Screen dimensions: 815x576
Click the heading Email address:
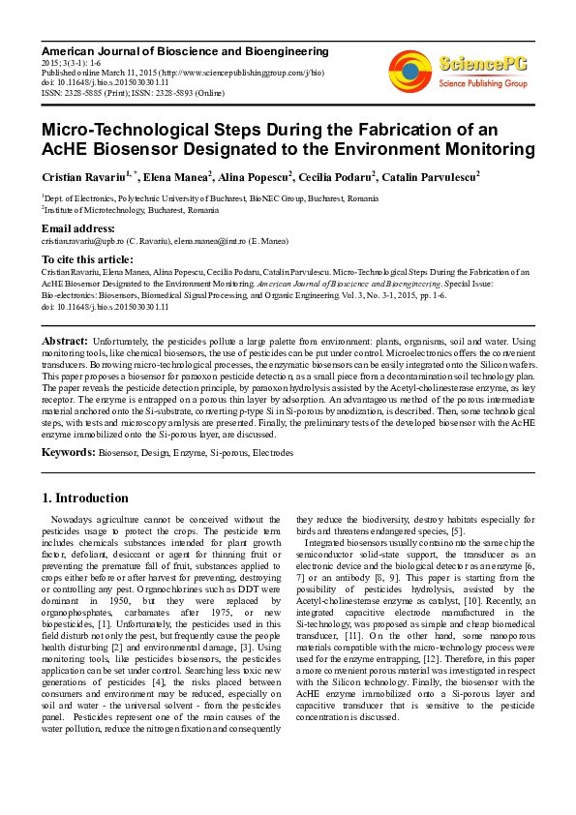click(x=79, y=228)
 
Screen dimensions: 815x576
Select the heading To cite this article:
click(x=87, y=259)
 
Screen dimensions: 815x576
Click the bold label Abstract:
click(x=65, y=342)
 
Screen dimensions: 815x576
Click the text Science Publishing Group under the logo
click(x=482, y=84)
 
